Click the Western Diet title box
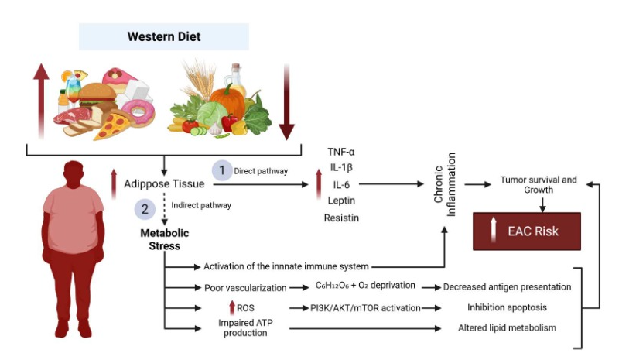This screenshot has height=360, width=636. [164, 36]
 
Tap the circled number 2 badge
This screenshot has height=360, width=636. [145, 207]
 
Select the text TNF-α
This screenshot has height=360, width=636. [341, 152]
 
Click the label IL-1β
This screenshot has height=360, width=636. [341, 168]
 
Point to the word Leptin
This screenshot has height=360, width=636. [341, 201]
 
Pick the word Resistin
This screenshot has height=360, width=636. [341, 218]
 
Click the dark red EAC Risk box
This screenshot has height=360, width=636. [526, 231]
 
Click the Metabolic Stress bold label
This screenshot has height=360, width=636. [164, 239]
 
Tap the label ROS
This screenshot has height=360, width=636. [245, 308]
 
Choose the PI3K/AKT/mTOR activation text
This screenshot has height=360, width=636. [355, 308]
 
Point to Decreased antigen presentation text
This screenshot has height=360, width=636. [507, 287]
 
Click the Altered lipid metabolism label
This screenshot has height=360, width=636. [507, 328]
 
